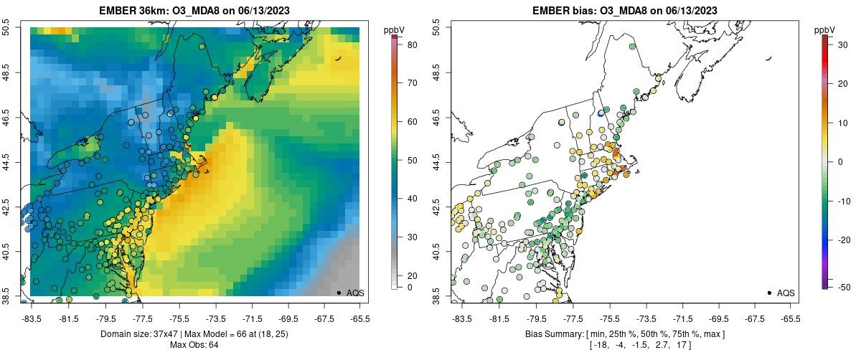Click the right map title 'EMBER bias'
coord(564,10)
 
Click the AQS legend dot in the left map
coord(338,293)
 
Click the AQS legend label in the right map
coord(786,293)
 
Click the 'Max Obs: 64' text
coord(194,345)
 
